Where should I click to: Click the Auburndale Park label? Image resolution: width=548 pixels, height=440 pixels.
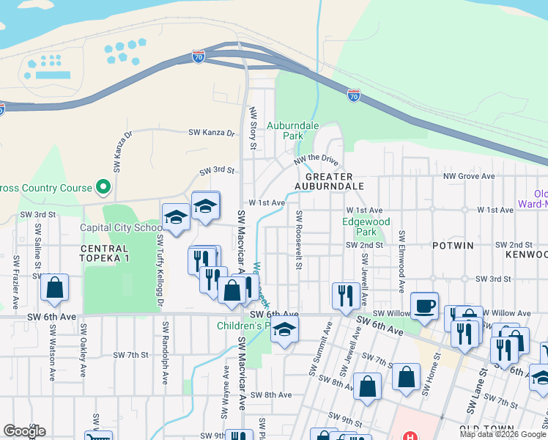tap(293, 131)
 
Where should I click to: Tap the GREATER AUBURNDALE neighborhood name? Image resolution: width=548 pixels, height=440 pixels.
tap(329, 181)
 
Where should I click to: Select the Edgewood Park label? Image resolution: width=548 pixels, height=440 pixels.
tap(366, 227)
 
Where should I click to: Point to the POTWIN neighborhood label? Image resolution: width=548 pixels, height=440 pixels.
tap(453, 245)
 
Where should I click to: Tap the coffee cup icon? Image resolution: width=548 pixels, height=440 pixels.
tap(424, 306)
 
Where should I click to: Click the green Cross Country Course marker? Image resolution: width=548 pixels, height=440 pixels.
tap(103, 188)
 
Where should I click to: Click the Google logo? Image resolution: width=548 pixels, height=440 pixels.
tap(24, 431)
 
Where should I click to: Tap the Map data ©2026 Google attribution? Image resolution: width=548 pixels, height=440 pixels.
tap(503, 433)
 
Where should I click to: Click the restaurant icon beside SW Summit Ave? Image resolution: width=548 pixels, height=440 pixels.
tap(344, 296)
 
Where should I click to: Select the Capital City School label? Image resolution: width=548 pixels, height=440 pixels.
tap(120, 227)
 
